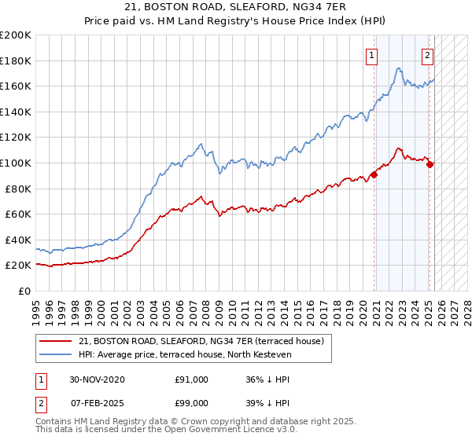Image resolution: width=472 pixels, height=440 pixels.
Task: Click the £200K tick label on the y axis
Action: [16, 35]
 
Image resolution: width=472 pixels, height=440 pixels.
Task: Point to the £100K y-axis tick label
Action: [16, 163]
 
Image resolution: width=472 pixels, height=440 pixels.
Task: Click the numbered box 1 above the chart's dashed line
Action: [371, 56]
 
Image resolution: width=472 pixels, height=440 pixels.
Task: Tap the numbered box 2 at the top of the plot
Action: [427, 56]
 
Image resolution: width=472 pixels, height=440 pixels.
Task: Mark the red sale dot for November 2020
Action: [374, 175]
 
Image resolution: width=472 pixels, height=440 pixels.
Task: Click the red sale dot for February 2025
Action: [430, 164]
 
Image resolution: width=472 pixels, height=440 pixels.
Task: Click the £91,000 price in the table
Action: [192, 379]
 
